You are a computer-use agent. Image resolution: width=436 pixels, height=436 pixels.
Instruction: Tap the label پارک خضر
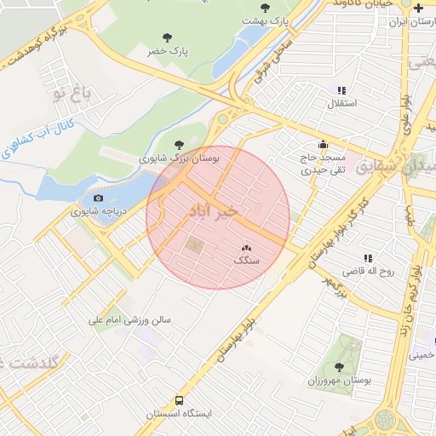click(167, 52)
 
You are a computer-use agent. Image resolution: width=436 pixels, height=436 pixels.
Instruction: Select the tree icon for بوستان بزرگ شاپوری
click(178, 145)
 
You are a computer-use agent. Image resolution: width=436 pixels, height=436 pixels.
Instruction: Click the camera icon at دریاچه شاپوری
click(98, 198)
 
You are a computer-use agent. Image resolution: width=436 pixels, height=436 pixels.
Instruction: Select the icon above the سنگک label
click(247, 248)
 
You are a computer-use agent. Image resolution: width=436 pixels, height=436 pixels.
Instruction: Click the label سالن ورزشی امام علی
click(129, 321)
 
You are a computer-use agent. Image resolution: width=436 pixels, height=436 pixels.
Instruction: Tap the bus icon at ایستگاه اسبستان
click(179, 400)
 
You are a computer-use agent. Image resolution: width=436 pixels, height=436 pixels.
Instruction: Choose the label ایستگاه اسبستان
click(178, 414)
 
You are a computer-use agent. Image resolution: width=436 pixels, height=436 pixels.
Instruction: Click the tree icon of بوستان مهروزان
click(339, 367)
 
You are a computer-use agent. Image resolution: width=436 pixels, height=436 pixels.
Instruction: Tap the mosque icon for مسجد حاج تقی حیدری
click(322, 145)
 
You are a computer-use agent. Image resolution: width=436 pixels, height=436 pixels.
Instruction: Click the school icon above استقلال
click(341, 89)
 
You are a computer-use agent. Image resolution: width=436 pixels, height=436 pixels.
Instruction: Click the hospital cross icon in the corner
click(418, 8)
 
